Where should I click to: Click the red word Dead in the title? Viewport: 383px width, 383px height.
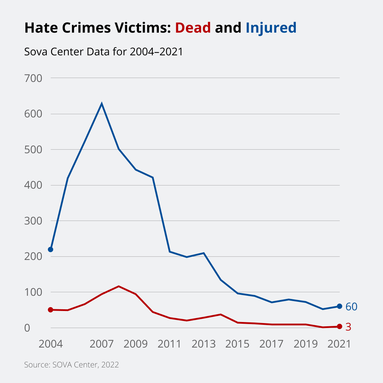coord(193,28)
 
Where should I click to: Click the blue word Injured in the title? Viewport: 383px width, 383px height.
coord(271,28)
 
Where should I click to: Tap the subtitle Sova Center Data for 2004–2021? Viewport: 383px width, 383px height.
coord(103,52)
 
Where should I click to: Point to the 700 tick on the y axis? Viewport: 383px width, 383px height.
coord(33,78)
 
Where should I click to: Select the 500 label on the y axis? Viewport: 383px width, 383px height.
coord(33,149)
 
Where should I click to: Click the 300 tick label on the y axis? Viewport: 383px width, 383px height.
coord(33,221)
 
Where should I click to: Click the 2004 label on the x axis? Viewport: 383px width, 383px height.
coord(50,344)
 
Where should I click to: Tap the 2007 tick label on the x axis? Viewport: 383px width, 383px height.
coord(101,344)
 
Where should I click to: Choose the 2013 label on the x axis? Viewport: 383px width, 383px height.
coord(204,344)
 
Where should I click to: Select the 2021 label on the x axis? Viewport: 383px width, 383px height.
coord(339,344)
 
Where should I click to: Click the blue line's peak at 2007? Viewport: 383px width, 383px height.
coord(102,104)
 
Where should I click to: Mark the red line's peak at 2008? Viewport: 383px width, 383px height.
coord(118,286)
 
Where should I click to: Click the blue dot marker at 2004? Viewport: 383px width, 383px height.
coord(50,249)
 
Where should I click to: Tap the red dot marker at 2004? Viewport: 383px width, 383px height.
coord(50,310)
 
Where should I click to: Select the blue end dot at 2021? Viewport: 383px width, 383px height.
coord(339,306)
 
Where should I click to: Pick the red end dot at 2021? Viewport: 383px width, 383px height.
coord(339,326)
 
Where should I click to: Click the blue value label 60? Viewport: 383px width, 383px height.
coord(351,307)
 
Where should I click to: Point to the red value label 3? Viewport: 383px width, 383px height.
coord(348,327)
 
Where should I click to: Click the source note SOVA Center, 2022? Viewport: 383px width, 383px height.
coord(71,365)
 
